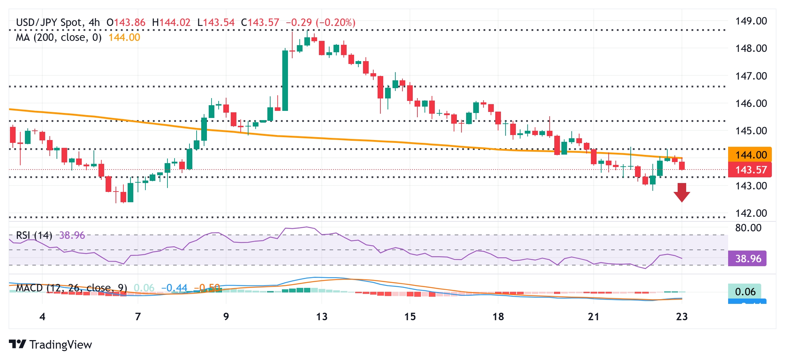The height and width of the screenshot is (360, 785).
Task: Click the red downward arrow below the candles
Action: (682, 192)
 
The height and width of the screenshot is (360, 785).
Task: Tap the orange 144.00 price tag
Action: (750, 155)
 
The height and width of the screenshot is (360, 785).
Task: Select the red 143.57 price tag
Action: (750, 170)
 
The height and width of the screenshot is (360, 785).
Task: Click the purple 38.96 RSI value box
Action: (747, 258)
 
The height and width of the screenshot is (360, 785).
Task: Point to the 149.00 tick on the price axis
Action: (751, 21)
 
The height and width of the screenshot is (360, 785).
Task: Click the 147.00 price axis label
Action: (751, 76)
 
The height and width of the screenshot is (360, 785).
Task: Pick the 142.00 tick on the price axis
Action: (751, 213)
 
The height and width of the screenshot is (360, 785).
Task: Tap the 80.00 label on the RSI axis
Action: (748, 228)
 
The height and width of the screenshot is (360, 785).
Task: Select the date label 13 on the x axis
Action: (322, 317)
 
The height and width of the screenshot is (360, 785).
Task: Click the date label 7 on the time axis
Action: (138, 317)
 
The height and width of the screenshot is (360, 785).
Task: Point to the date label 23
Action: (682, 317)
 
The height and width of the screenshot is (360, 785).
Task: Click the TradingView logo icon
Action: (17, 344)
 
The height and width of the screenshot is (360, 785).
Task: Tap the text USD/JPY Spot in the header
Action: (49, 22)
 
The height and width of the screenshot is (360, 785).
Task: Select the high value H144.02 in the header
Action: (171, 22)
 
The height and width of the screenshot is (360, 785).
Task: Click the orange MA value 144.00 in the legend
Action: (124, 37)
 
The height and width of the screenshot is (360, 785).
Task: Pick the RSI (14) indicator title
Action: (34, 235)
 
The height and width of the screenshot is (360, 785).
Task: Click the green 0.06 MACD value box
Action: (745, 292)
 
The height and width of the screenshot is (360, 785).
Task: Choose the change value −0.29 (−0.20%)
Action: (320, 22)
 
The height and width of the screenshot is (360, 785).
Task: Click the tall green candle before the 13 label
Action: (285, 80)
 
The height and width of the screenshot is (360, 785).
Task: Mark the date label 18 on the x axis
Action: (498, 317)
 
